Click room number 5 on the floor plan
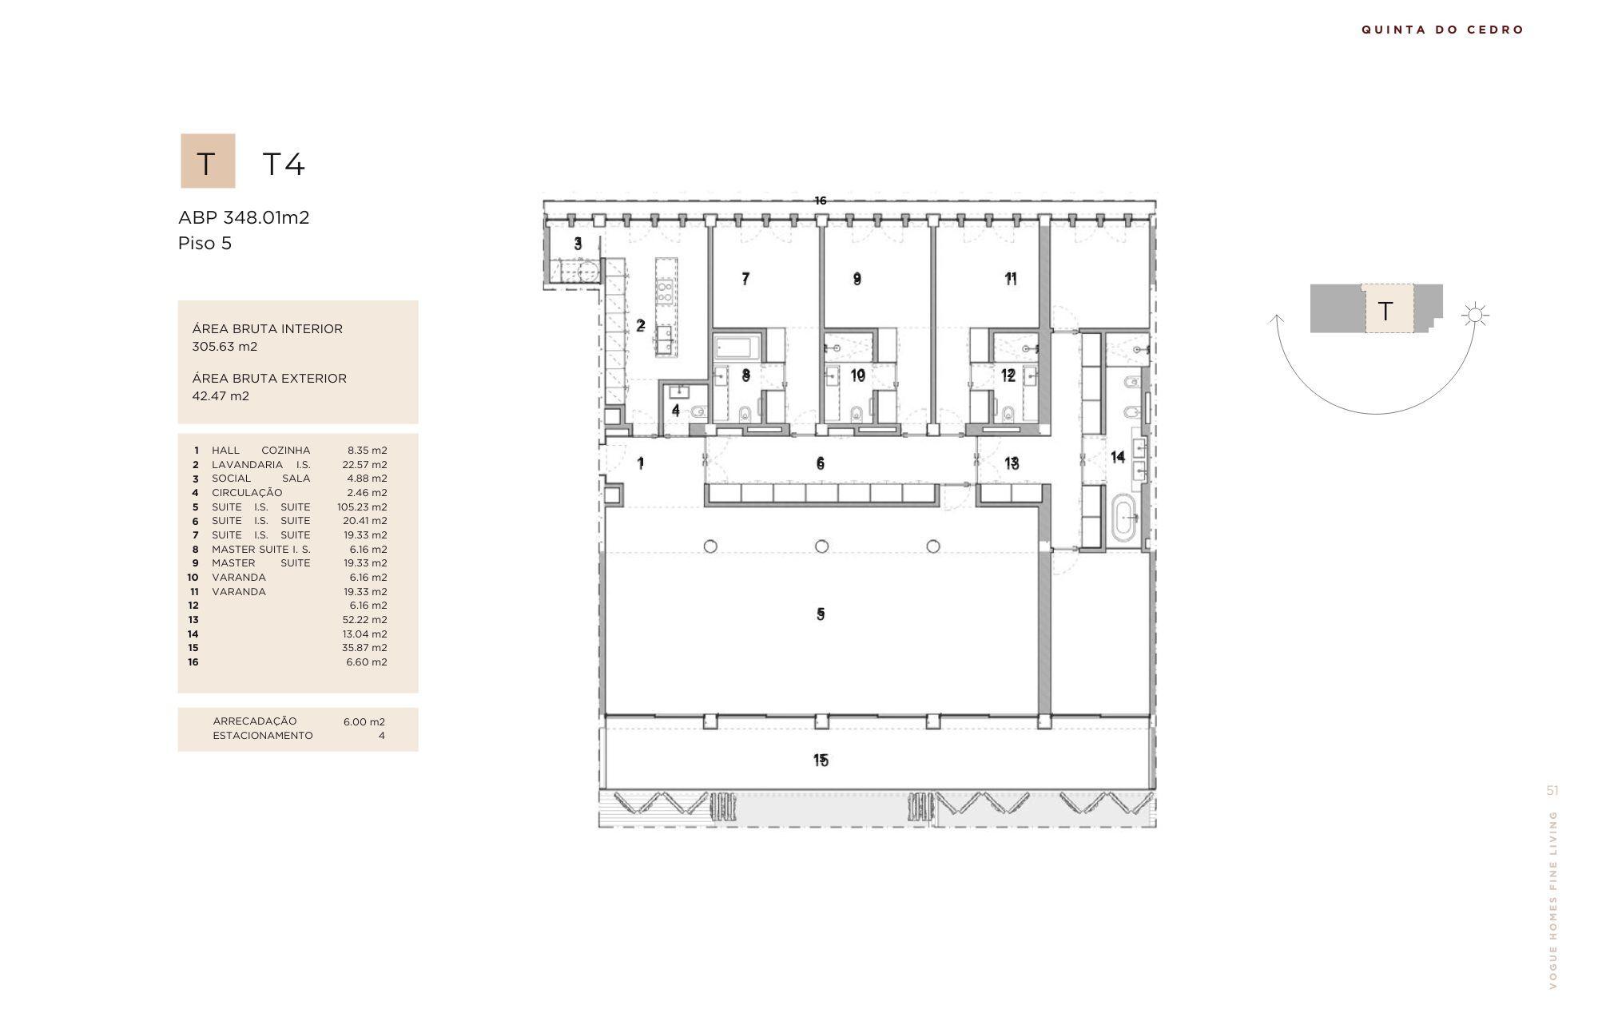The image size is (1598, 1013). pos(821,614)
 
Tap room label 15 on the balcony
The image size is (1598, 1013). pos(821,760)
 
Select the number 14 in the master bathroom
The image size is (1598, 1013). pos(1118,456)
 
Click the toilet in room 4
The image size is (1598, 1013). pos(698,412)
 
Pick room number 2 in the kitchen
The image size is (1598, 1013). pos(640,325)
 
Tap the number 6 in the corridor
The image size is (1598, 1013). pos(821,463)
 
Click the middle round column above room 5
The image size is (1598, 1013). pos(821,546)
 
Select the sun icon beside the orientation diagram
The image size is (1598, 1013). pos(1475,315)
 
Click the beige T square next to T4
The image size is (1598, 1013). pos(208,161)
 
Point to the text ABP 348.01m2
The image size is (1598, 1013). pos(244,217)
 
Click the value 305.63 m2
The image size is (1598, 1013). pos(225,347)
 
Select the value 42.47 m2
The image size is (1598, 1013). pos(221,396)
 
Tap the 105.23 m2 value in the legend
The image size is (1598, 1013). pos(362,506)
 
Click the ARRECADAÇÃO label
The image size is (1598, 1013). pos(254,721)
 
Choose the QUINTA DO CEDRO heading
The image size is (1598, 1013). pos(1443,30)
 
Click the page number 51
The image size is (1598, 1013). pos(1552,790)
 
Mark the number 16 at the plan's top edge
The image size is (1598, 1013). pos(821,201)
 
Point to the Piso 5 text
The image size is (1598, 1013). pos(205,243)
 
